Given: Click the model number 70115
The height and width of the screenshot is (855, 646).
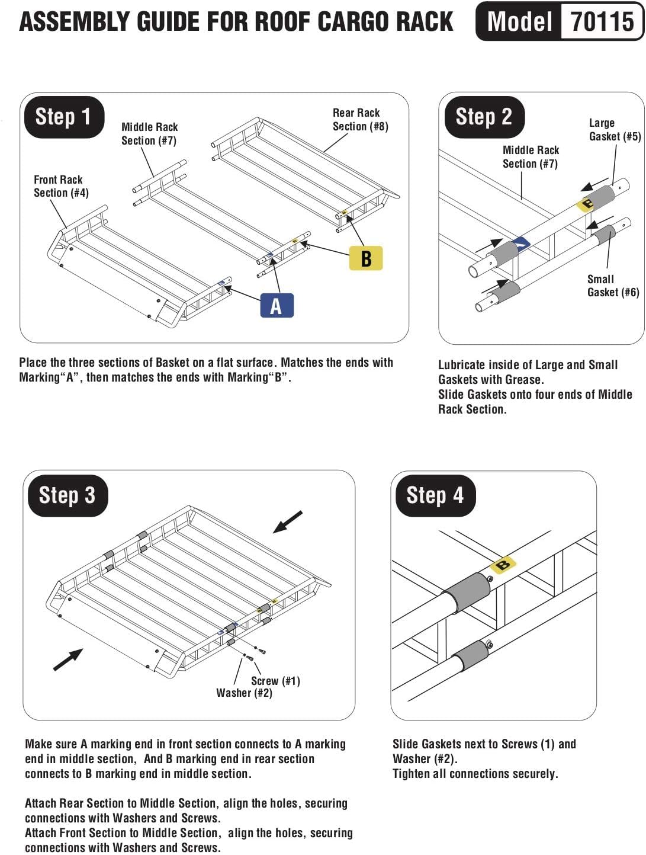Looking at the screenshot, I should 602,21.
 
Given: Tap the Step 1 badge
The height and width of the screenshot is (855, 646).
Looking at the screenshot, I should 64,117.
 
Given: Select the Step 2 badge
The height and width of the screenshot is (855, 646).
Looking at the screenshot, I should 484,117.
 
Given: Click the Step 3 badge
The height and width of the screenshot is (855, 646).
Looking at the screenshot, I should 67,495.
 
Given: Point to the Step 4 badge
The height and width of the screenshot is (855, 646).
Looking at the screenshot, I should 435,495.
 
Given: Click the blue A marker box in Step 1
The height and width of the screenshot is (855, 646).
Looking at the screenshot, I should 277,306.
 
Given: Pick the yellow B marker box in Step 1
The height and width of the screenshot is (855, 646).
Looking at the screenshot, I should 366,258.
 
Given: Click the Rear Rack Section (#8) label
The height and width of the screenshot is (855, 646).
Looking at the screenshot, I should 360,119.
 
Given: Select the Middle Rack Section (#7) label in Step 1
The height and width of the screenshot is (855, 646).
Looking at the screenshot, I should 149,133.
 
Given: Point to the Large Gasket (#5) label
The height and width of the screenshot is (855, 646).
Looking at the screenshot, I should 614,130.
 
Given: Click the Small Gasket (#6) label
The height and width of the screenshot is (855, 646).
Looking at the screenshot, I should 613,286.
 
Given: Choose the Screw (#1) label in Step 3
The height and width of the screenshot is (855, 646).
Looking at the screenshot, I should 275,681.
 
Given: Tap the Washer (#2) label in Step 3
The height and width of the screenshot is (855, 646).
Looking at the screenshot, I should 244,693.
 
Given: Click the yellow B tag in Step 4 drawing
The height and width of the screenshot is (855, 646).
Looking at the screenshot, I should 503,565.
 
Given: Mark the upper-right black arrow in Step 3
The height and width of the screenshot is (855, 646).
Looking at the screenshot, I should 288,522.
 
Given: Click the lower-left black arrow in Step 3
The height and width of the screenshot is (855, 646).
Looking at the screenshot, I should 68,659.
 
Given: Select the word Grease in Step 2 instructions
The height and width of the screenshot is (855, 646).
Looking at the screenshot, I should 521,380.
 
